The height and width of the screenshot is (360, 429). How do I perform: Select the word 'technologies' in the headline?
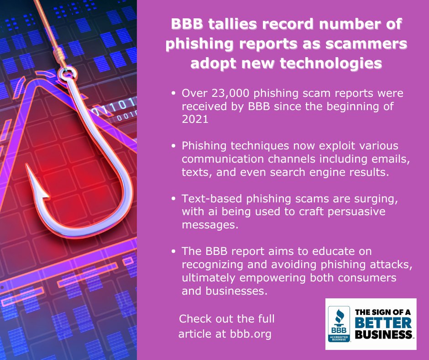[x=337, y=64]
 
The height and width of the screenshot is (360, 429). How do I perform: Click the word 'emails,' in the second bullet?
[x=381, y=160]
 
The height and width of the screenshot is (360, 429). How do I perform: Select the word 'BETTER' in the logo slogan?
[x=383, y=323]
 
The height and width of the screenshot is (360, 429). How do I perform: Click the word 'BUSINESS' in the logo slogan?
[x=383, y=334]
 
